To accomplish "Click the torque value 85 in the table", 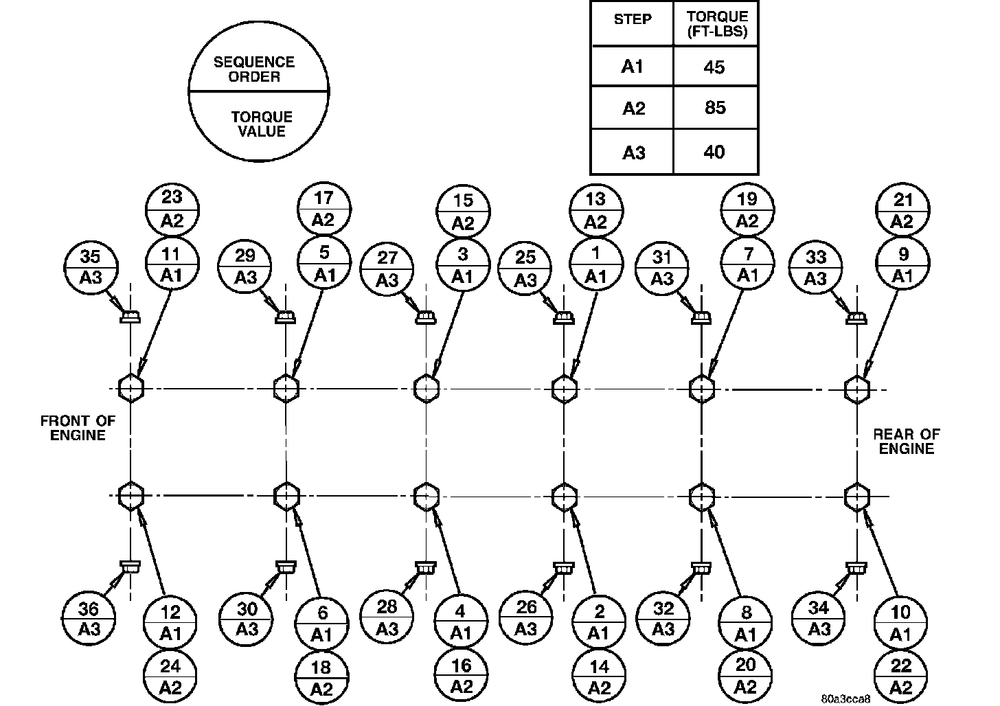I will (x=715, y=108).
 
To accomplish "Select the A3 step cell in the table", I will (x=633, y=152).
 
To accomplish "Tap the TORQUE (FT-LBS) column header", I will (x=716, y=24).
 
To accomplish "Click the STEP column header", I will (x=632, y=19).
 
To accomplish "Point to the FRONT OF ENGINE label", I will (x=78, y=428).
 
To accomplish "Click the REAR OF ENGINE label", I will (x=907, y=442).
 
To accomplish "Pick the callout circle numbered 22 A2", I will (x=900, y=676).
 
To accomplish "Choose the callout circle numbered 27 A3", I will (x=388, y=268).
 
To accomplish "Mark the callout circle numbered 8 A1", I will (x=746, y=624).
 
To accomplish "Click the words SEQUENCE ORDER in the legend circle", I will (x=254, y=69).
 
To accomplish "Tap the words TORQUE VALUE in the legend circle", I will (x=262, y=124).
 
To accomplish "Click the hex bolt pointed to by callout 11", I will (x=130, y=388).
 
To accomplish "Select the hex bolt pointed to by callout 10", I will (x=857, y=495).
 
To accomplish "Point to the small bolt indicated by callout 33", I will (x=856, y=318).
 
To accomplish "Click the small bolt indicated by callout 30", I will (x=285, y=567).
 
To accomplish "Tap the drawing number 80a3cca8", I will (x=845, y=698).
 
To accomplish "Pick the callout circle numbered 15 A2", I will (x=464, y=211).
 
